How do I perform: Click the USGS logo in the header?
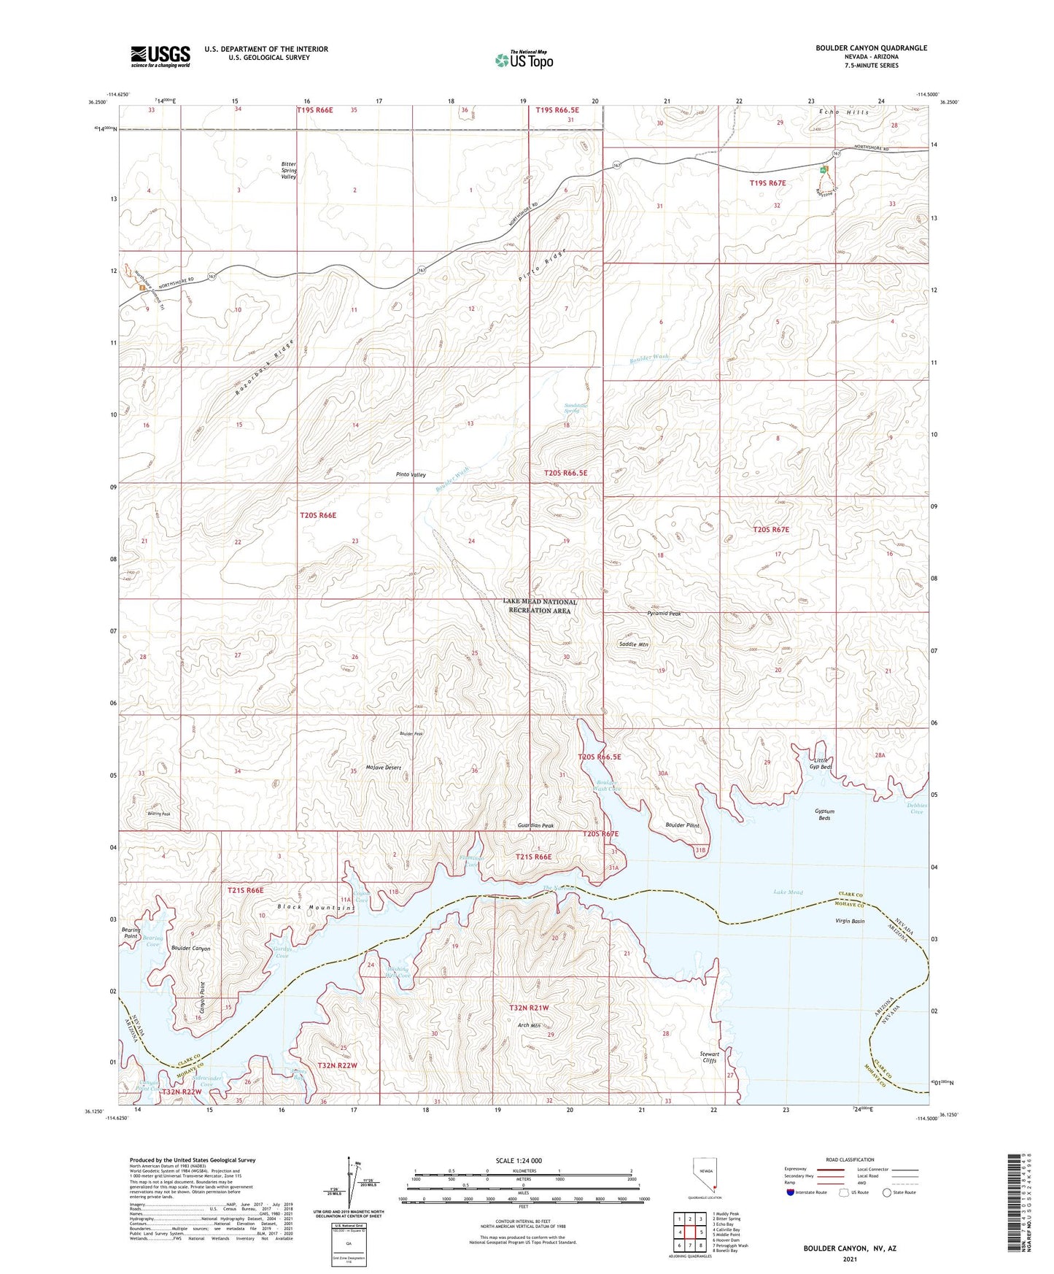click(160, 56)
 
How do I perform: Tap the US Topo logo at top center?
click(523, 60)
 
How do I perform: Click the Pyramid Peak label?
click(664, 614)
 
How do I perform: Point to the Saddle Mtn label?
click(633, 644)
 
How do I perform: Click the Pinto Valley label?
click(411, 475)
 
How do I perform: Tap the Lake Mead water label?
click(788, 892)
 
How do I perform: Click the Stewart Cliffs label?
click(709, 1057)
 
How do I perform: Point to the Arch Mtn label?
click(529, 1025)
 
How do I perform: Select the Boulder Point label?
click(682, 825)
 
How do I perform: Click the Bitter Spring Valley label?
click(289, 171)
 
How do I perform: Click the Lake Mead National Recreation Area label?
click(540, 606)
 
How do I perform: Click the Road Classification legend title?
click(850, 1159)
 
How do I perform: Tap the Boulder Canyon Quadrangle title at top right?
click(871, 48)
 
